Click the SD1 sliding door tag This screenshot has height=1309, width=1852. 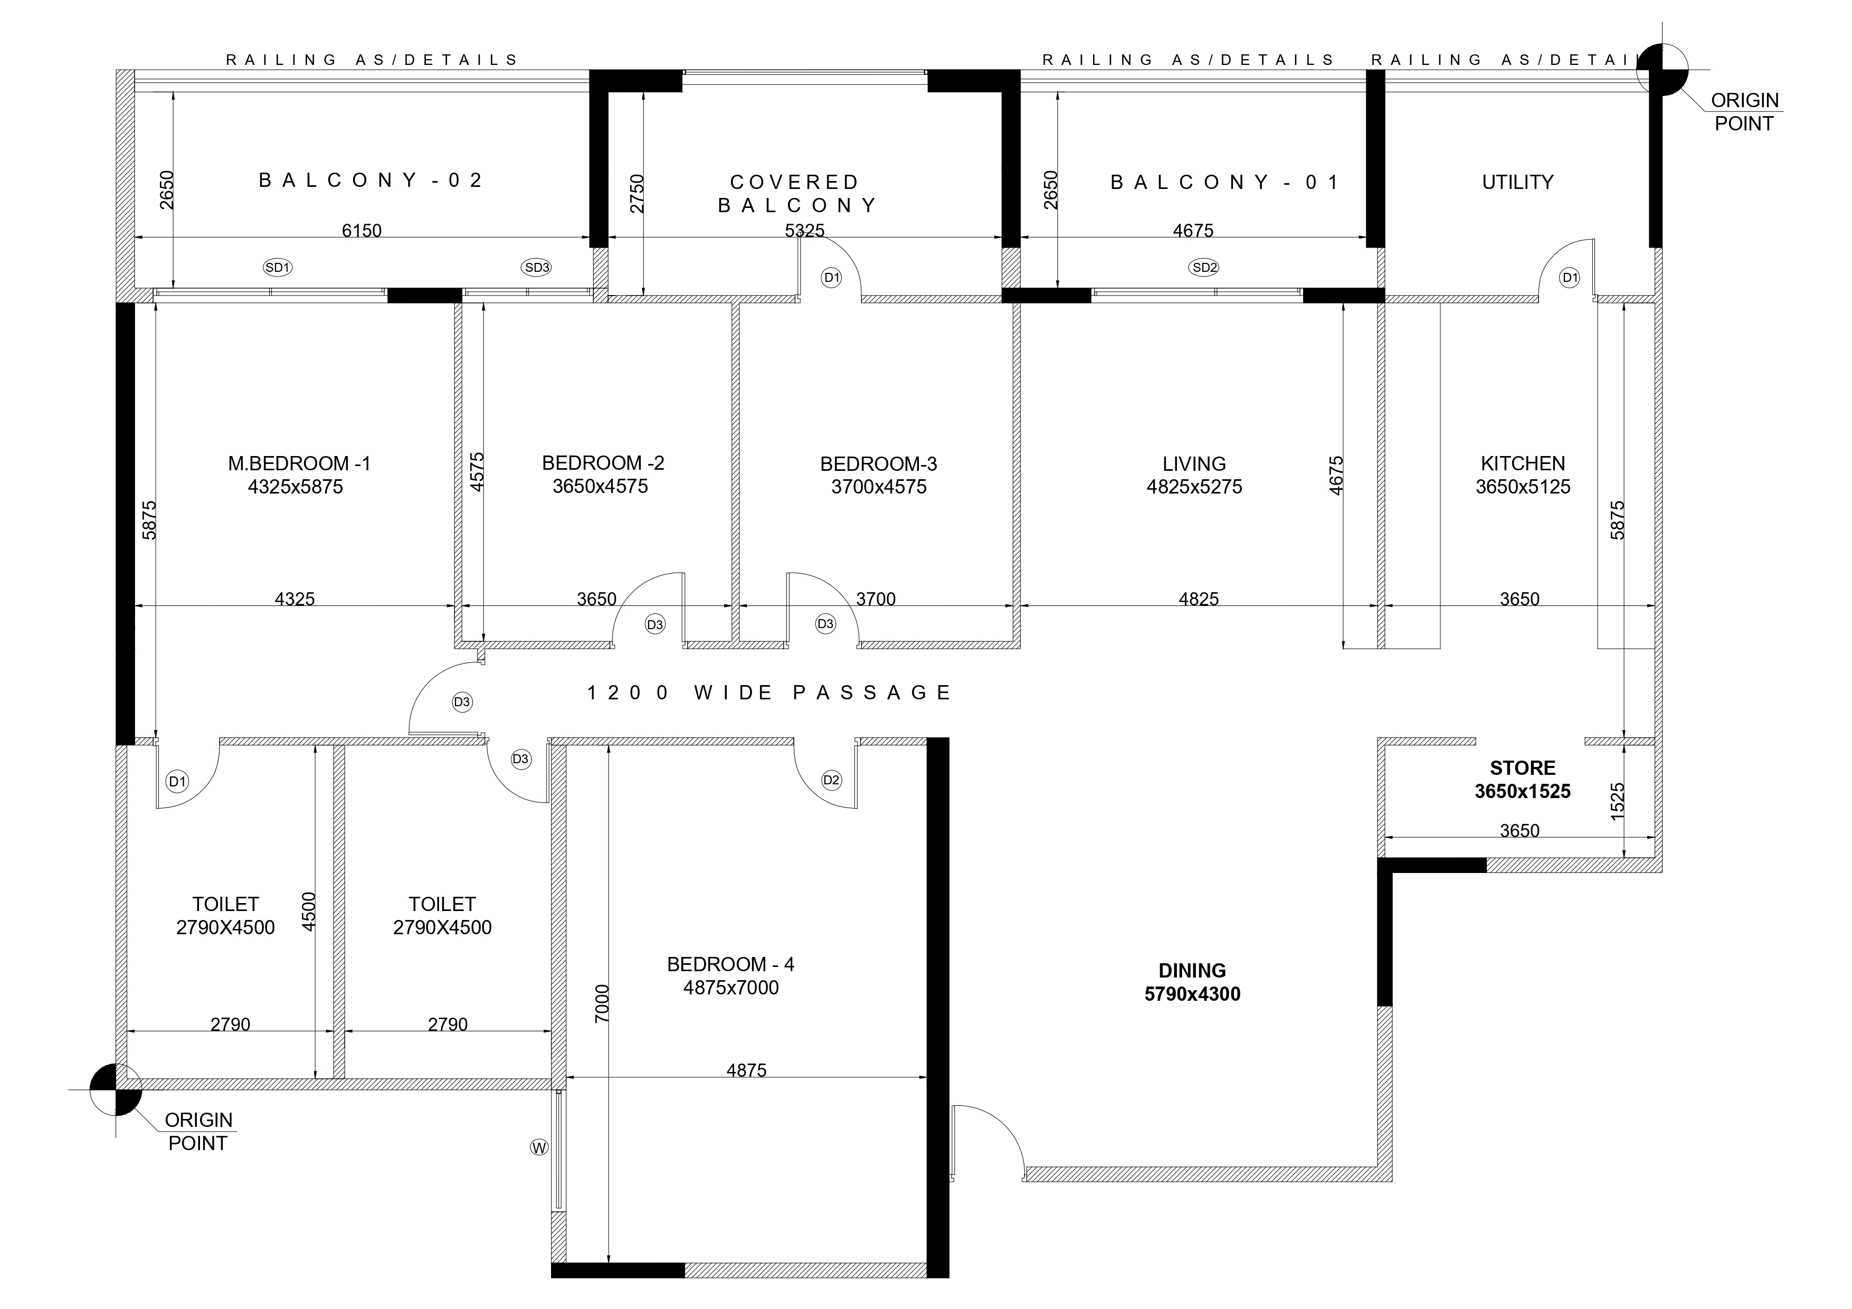[x=278, y=267]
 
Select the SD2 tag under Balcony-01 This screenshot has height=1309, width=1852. [x=1204, y=267]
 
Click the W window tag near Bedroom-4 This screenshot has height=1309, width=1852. [x=539, y=1147]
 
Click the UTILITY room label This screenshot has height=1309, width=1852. [x=1517, y=182]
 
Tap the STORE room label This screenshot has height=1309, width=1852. [x=1523, y=768]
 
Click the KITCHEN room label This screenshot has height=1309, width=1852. [x=1523, y=464]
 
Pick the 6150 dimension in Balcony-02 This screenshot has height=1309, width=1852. [x=362, y=231]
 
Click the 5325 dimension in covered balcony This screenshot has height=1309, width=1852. [x=805, y=231]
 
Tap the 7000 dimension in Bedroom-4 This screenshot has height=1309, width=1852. [x=602, y=1003]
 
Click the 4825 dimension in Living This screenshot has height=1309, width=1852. [x=1199, y=599]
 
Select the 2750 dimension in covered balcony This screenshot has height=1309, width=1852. [x=637, y=194]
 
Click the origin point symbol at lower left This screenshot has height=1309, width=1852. [x=116, y=1089]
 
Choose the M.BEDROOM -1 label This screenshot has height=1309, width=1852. [x=299, y=464]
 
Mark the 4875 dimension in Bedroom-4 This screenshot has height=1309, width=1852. [x=746, y=1071]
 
